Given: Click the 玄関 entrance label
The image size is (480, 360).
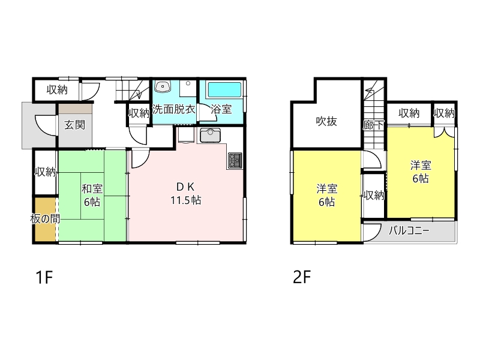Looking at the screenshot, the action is (74, 125).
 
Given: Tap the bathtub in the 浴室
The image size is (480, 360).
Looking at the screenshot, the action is (224, 90).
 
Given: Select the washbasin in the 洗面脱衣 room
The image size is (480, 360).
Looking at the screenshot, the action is (163, 86).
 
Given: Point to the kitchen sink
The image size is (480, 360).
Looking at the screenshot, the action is (211, 136).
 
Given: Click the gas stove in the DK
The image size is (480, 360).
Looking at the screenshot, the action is (235, 160).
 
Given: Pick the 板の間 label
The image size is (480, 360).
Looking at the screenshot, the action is (45, 219).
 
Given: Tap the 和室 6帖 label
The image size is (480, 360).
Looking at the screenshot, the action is (92, 196).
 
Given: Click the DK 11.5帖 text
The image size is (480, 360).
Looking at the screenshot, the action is (186, 193).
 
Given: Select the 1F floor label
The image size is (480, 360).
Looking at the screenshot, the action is (44, 277).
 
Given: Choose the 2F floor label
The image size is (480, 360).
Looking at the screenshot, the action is (302, 277).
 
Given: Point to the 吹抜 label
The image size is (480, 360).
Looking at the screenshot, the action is (326, 122).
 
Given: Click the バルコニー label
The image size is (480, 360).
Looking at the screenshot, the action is (409, 230).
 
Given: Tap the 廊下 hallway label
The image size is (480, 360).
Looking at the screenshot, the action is (373, 125).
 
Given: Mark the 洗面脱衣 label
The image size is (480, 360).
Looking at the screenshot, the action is (173, 109).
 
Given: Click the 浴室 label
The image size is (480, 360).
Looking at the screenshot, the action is (221, 109).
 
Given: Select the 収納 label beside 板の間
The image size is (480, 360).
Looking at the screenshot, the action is (46, 172).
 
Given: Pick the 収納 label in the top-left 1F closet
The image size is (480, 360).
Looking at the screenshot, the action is (57, 90).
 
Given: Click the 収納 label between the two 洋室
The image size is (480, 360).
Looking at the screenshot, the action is (374, 196).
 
